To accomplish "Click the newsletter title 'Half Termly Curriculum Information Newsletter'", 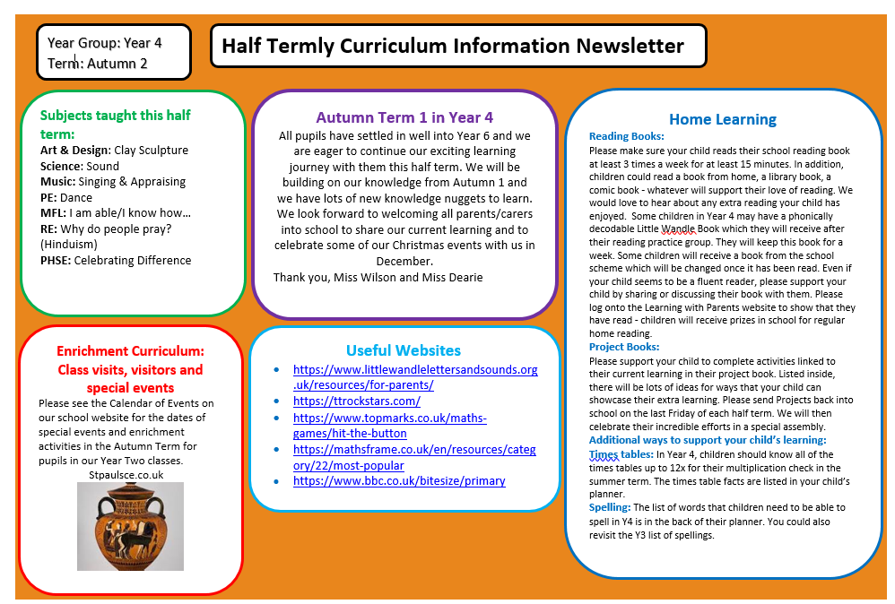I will click(x=452, y=46).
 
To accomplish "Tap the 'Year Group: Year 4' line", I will click(x=104, y=42).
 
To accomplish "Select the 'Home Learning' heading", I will click(x=723, y=119).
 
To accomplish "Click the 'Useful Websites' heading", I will click(x=404, y=350).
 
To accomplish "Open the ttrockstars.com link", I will click(x=356, y=401).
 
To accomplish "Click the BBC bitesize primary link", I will click(x=399, y=480).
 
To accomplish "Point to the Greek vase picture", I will click(x=131, y=526).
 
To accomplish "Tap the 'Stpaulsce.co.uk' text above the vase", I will click(x=126, y=474).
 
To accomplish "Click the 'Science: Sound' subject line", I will click(x=80, y=166).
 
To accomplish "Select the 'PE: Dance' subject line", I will click(x=66, y=197).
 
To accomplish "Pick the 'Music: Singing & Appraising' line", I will click(x=113, y=181).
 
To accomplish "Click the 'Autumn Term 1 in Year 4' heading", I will click(x=404, y=117).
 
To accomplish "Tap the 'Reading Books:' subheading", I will click(x=626, y=136).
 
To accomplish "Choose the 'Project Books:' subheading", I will click(x=624, y=347).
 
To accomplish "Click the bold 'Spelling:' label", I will click(x=610, y=507).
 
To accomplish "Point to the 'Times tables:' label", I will click(x=621, y=454).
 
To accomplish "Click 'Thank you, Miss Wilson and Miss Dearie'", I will click(x=378, y=277).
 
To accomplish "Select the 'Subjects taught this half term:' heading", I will click(x=115, y=124).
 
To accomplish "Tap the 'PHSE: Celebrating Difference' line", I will click(x=116, y=260).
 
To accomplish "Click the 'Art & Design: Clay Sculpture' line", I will click(x=114, y=151).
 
